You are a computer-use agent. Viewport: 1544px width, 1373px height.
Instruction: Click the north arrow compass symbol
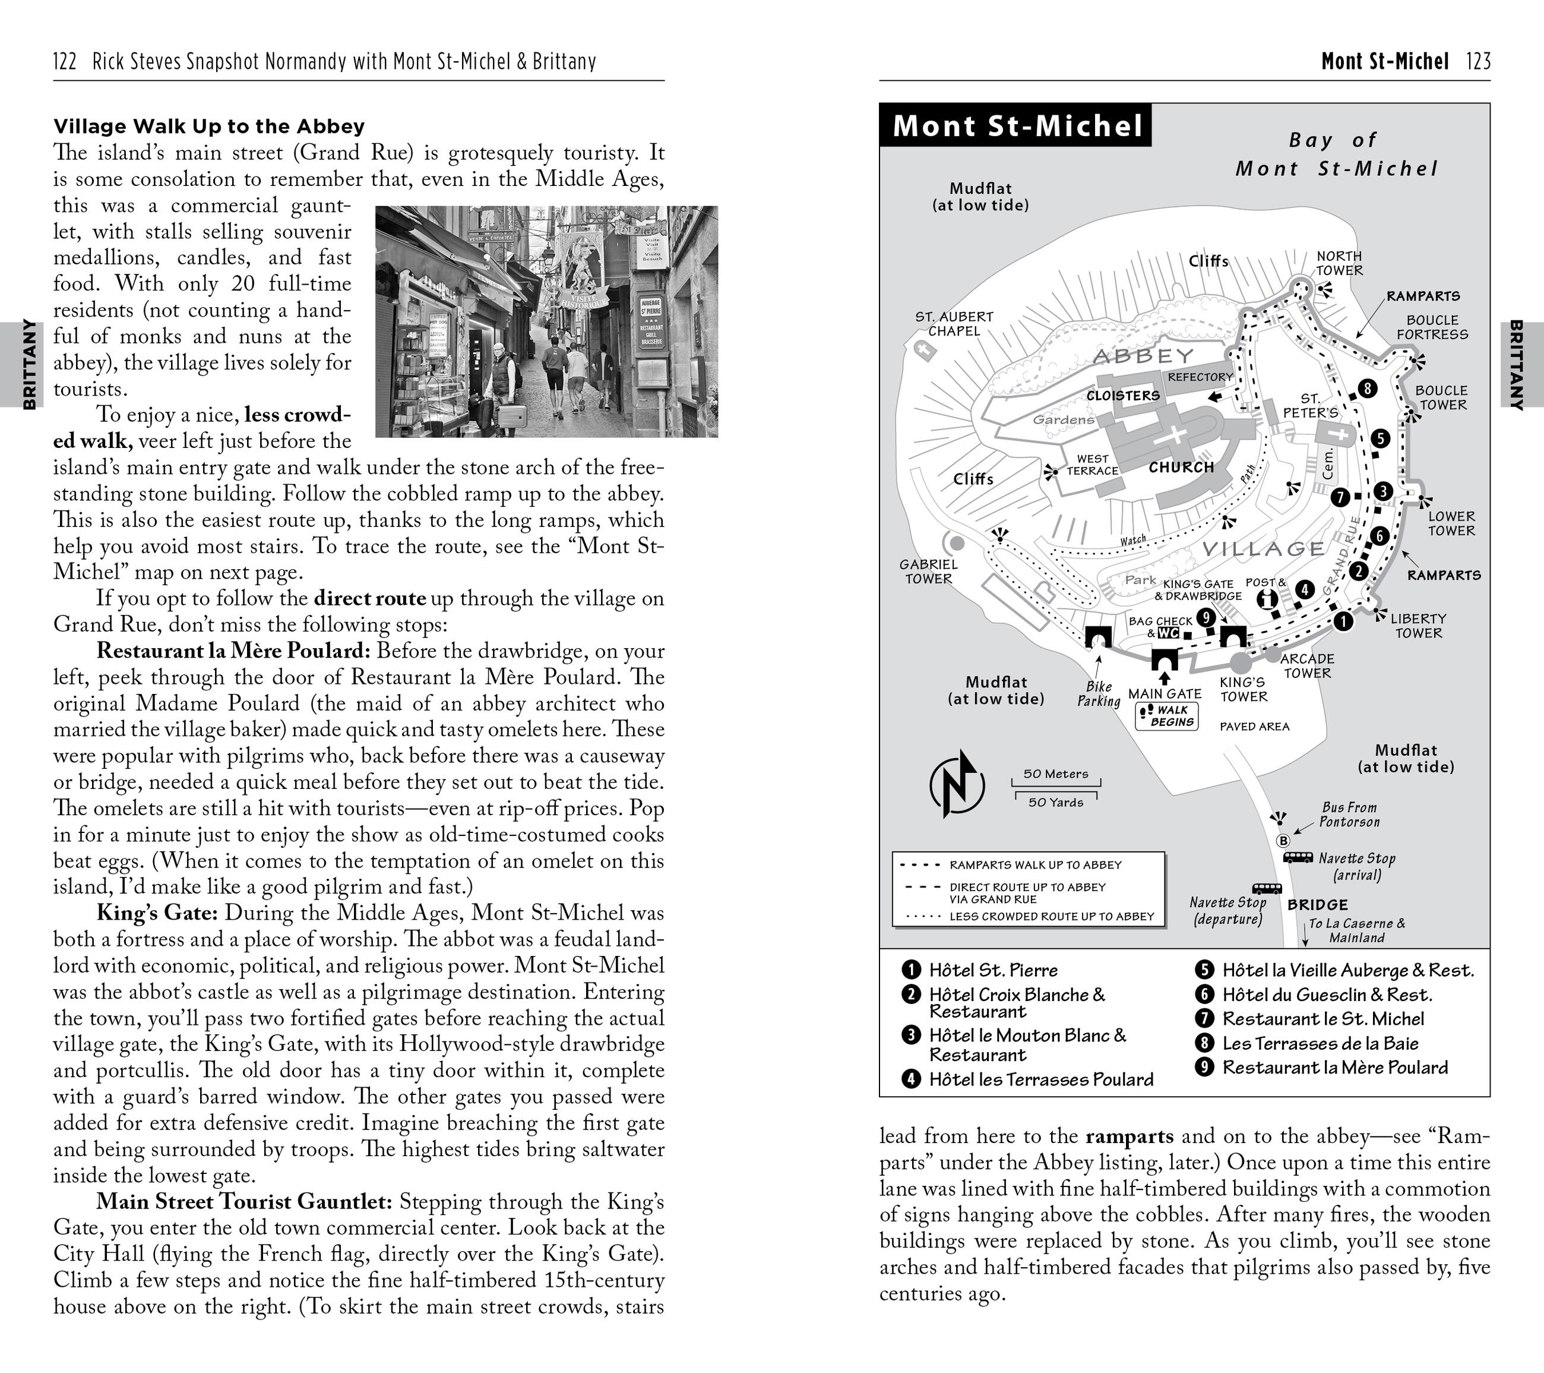click(956, 784)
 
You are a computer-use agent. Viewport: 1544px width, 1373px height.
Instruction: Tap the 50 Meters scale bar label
click(1055, 774)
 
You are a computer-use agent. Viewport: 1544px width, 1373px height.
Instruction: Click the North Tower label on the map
click(1339, 263)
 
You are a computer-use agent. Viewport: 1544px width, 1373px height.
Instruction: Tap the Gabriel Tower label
click(928, 572)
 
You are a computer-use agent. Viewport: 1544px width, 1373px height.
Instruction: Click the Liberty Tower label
click(1418, 626)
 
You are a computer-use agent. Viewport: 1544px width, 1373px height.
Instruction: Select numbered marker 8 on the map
click(1367, 389)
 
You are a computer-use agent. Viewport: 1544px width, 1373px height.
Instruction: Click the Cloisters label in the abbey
click(1122, 395)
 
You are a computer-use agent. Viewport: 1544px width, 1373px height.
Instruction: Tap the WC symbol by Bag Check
click(1168, 633)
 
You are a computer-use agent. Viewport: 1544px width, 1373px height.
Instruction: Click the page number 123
click(1478, 61)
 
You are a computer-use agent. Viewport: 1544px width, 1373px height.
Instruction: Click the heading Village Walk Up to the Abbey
click(208, 126)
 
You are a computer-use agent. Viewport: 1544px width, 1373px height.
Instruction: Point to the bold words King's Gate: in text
click(157, 913)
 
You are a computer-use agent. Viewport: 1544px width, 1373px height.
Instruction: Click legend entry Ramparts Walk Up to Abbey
click(1035, 864)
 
